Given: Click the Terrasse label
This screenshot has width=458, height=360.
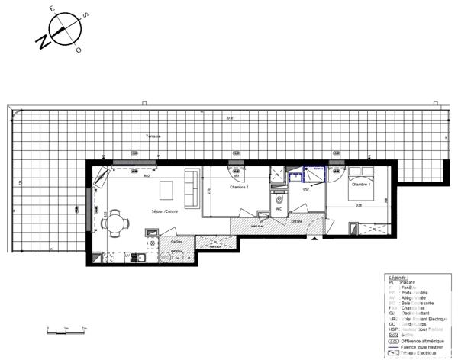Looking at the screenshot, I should click(154, 136).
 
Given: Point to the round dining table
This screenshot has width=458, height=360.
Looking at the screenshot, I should click(116, 223).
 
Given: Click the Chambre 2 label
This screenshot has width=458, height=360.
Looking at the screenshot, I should click(240, 187).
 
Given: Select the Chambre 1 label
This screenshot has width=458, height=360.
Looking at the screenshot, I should click(361, 185).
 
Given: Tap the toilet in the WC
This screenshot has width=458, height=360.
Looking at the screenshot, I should click(279, 194).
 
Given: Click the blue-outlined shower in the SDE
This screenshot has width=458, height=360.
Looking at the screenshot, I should click(314, 174).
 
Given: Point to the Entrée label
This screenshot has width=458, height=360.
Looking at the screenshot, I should click(296, 221).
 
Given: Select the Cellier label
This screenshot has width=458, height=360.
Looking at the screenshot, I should click(176, 241).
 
